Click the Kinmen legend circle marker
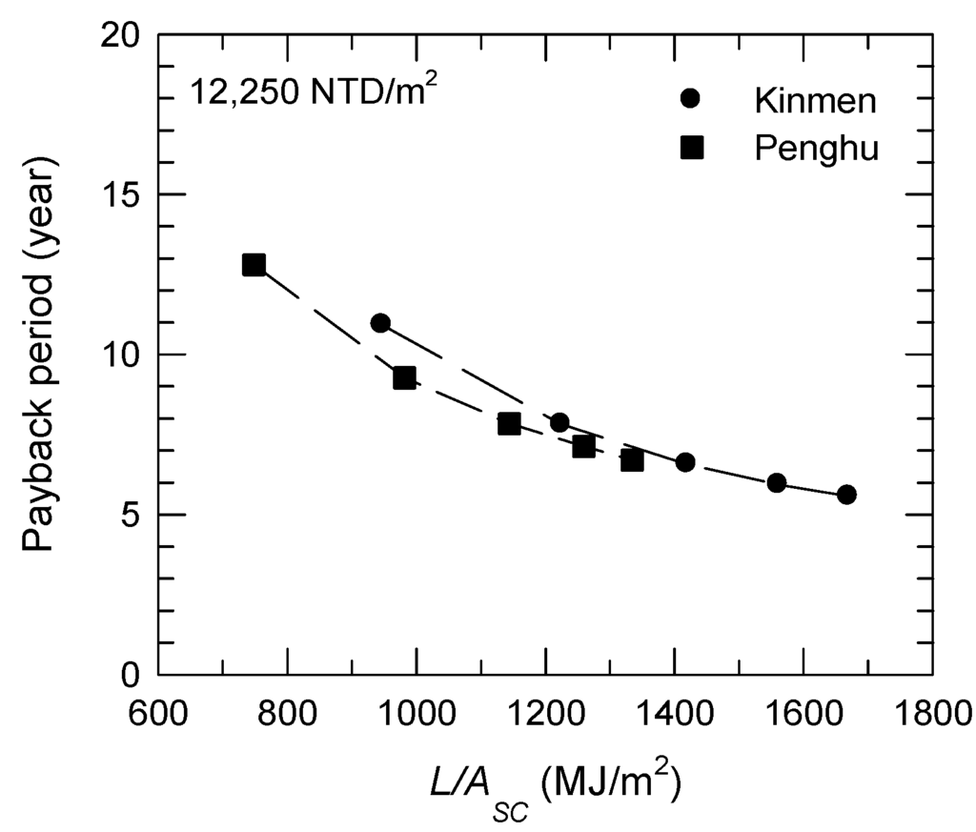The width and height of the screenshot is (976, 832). coord(692,98)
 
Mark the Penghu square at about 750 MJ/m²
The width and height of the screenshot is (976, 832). coord(254,265)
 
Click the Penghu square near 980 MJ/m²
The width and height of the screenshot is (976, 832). coord(404,377)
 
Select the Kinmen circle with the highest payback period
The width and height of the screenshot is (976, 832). coord(380,323)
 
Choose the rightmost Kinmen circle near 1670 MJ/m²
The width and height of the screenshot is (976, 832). coord(846,495)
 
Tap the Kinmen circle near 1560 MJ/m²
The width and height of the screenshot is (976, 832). coord(777,483)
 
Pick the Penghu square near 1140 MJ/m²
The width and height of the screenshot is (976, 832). coord(509,424)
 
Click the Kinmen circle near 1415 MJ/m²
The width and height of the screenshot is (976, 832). coord(684,462)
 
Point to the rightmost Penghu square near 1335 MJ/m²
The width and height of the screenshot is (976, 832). coord(632,460)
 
